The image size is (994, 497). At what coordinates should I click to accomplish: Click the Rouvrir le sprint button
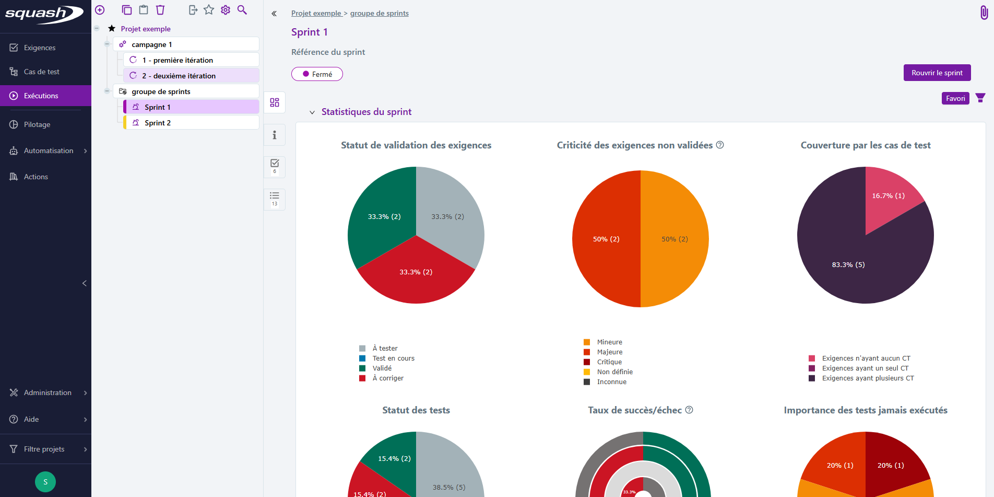(937, 73)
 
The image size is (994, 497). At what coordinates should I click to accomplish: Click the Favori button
(955, 98)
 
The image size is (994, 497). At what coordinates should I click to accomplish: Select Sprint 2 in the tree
(158, 123)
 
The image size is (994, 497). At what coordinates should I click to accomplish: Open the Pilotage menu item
(37, 124)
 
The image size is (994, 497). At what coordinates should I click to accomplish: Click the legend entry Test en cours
(393, 359)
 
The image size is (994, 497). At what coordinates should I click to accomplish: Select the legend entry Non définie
(614, 372)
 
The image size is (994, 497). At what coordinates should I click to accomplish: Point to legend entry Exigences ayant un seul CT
(865, 368)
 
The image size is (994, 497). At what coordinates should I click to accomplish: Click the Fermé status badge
(317, 74)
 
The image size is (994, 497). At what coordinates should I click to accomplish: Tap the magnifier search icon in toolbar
(242, 10)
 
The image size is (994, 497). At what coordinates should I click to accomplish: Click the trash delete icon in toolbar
(160, 10)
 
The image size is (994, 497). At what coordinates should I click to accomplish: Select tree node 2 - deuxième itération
(179, 76)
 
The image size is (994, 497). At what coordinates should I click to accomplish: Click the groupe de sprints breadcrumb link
(379, 13)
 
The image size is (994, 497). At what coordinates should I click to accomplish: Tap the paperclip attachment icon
(984, 13)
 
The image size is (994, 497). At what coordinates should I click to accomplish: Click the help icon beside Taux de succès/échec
(689, 410)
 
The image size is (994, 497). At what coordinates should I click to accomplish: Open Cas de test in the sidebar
(41, 72)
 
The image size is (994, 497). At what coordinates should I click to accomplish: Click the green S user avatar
(45, 482)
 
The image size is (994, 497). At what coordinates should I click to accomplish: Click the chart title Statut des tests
(416, 410)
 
